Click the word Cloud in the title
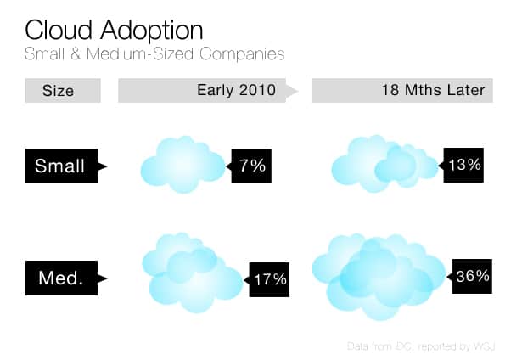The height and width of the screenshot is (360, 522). (58, 31)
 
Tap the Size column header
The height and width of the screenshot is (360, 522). (58, 90)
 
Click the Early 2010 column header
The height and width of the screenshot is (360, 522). (236, 90)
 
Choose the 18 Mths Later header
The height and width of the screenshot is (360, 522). (431, 90)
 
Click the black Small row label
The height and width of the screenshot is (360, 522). (60, 166)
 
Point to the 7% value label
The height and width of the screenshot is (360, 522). (252, 166)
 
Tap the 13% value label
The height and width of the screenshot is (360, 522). (465, 165)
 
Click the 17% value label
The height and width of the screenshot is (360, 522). (269, 278)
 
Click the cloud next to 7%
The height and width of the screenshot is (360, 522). (182, 165)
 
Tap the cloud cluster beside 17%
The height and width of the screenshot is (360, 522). (191, 272)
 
